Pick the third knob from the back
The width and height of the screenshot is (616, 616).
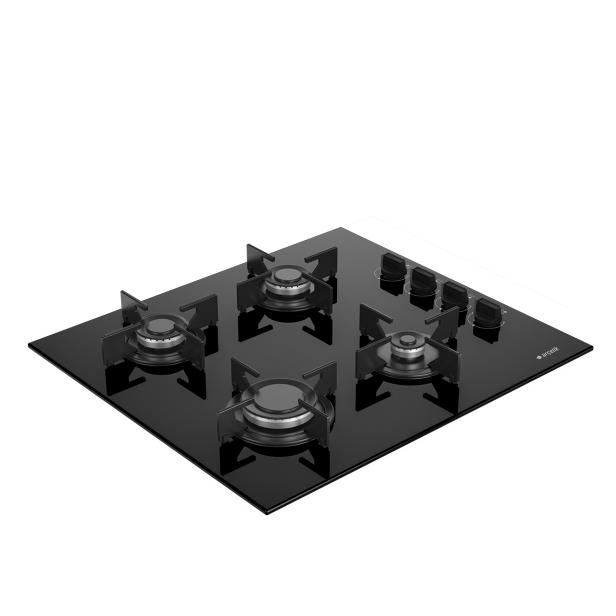pyautogui.click(x=454, y=296)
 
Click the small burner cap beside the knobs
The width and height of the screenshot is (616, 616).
pyautogui.click(x=408, y=340)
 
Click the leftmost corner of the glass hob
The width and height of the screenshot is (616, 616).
pyautogui.click(x=29, y=344)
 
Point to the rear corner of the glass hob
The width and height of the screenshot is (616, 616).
pyautogui.click(x=341, y=227)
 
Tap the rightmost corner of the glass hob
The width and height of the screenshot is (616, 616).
pyautogui.click(x=592, y=347)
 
